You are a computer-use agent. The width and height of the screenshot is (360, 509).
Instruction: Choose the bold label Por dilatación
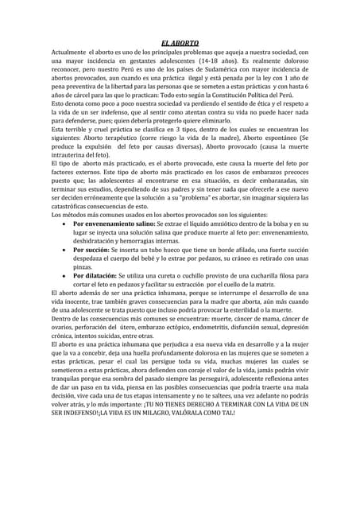(101, 276)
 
